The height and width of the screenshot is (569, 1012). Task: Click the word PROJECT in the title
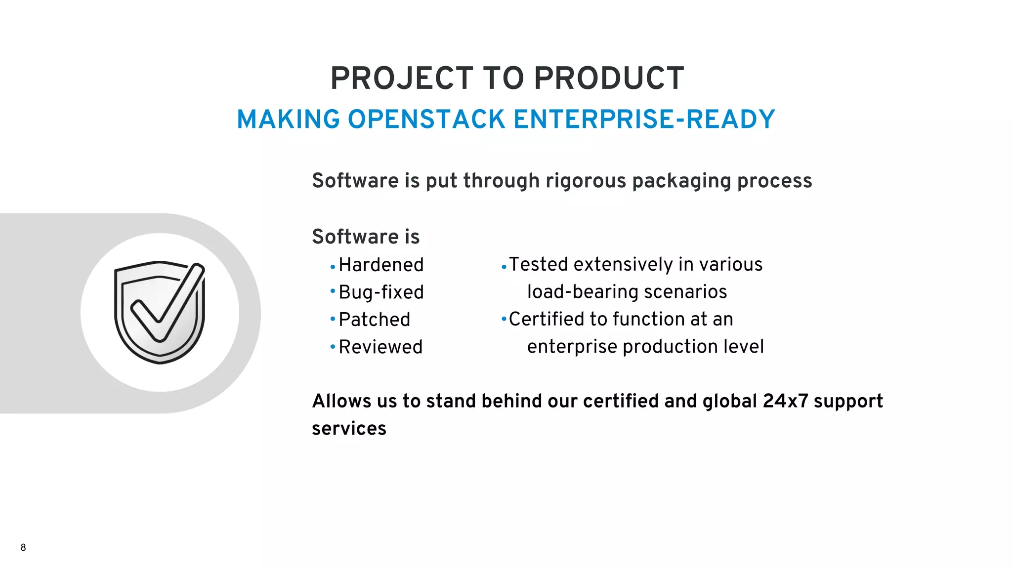click(402, 79)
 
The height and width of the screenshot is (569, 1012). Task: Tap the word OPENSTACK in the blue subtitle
click(426, 120)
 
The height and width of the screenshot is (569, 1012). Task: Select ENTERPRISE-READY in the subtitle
click(644, 120)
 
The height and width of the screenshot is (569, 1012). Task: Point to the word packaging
click(682, 182)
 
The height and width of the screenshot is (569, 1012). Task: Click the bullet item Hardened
click(381, 265)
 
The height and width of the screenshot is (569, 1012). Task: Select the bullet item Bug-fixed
click(381, 292)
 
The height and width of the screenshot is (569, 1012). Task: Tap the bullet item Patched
click(374, 320)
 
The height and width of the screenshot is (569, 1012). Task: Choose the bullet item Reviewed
click(380, 347)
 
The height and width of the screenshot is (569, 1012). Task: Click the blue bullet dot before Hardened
click(333, 267)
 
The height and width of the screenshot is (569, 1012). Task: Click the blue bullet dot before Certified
click(504, 319)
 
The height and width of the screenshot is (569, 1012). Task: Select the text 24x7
click(785, 401)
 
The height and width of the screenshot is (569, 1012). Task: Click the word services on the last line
click(349, 429)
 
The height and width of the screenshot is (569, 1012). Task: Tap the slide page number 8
click(23, 547)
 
